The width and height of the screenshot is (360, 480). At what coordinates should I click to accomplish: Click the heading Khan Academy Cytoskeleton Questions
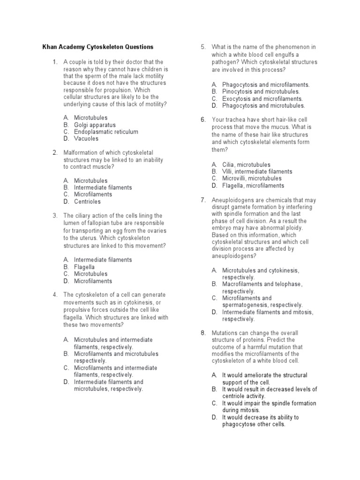click(98, 47)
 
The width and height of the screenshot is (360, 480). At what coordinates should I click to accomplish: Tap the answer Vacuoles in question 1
click(86, 139)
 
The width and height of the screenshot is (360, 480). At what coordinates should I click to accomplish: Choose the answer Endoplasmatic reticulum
click(106, 132)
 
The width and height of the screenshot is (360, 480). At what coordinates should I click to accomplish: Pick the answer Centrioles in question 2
click(87, 202)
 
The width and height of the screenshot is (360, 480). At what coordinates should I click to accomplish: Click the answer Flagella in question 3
click(84, 267)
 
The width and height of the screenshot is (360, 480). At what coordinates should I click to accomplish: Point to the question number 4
click(55, 295)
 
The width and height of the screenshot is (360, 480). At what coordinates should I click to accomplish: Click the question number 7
click(203, 200)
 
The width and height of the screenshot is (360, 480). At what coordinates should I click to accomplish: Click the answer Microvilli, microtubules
click(252, 179)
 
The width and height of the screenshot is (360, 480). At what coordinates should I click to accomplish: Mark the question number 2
click(55, 152)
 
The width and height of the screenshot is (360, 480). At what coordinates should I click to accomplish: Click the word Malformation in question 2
click(82, 152)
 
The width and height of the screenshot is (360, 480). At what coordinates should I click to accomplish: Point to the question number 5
click(203, 47)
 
